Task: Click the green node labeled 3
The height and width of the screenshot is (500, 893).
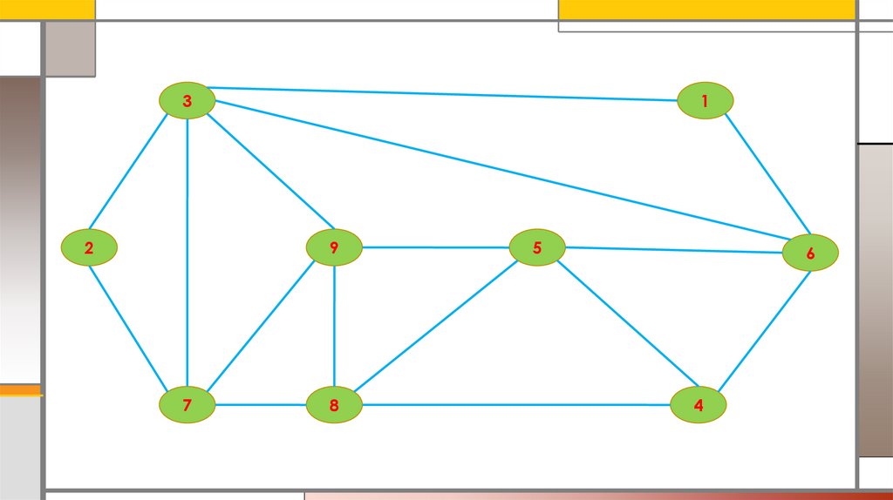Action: pyautogui.click(x=187, y=101)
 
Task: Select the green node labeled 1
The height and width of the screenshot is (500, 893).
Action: pyautogui.click(x=705, y=101)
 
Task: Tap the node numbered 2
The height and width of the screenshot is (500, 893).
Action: pyautogui.click(x=89, y=248)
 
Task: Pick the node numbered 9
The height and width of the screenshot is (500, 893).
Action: pyautogui.click(x=334, y=247)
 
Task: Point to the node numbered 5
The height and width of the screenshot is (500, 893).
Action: pyautogui.click(x=537, y=247)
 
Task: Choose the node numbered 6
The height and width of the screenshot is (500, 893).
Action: pyautogui.click(x=810, y=253)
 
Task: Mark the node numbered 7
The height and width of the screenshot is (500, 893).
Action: pyautogui.click(x=187, y=405)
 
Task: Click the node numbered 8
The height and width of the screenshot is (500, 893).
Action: pyautogui.click(x=334, y=405)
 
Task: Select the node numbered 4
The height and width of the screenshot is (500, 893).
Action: pyautogui.click(x=698, y=405)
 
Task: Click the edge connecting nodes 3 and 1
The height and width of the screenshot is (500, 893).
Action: pyautogui.click(x=445, y=94)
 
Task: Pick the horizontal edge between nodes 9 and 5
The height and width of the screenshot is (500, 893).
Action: pyautogui.click(x=436, y=247)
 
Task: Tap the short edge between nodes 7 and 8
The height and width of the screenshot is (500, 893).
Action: pyautogui.click(x=261, y=405)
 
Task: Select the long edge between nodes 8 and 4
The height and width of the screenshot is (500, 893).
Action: pyautogui.click(x=515, y=405)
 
